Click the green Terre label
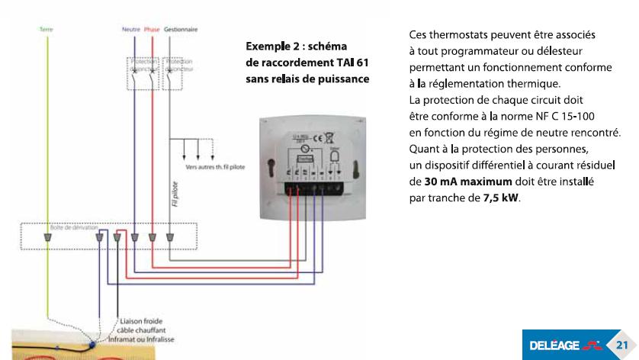[45, 29]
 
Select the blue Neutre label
[131, 29]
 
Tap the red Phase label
[152, 29]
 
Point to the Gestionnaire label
[181, 29]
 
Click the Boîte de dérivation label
[67, 228]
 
